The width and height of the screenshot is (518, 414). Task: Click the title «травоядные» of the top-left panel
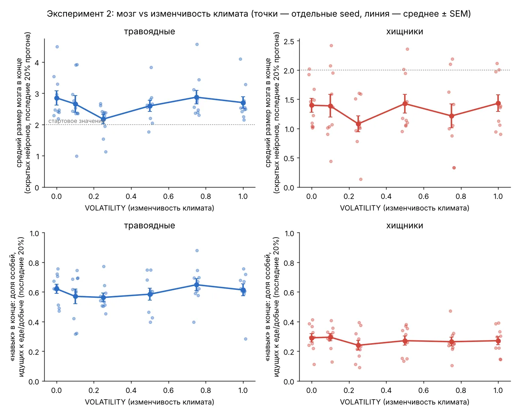tap(149, 31)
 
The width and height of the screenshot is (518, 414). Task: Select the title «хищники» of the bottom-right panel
tap(404, 225)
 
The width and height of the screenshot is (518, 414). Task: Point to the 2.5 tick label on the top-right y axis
tap(289, 42)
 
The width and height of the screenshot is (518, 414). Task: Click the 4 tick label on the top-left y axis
tap(37, 63)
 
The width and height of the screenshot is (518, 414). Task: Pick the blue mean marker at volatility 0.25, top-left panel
tap(103, 119)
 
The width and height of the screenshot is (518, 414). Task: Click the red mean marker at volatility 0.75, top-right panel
tap(451, 116)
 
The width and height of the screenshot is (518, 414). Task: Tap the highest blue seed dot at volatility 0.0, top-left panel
tap(57, 47)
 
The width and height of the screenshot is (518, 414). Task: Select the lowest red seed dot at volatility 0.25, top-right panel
tap(361, 179)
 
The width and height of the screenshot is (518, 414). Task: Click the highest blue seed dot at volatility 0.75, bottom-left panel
tap(197, 250)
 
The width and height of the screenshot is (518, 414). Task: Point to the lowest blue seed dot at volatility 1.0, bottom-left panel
tap(245, 339)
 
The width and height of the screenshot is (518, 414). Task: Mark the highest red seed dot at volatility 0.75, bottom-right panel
tap(450, 311)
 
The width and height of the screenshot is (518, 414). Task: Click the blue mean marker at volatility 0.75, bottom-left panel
tap(197, 285)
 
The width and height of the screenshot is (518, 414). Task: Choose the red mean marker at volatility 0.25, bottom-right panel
tap(358, 345)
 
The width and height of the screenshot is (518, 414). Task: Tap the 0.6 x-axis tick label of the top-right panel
tap(424, 196)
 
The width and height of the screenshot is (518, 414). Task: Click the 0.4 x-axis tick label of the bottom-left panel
tap(131, 390)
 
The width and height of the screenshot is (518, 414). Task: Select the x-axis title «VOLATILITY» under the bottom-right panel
tap(360, 402)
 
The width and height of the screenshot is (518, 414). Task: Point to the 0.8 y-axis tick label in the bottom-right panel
tap(289, 263)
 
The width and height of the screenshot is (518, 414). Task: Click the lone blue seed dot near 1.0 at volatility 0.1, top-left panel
tap(77, 156)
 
